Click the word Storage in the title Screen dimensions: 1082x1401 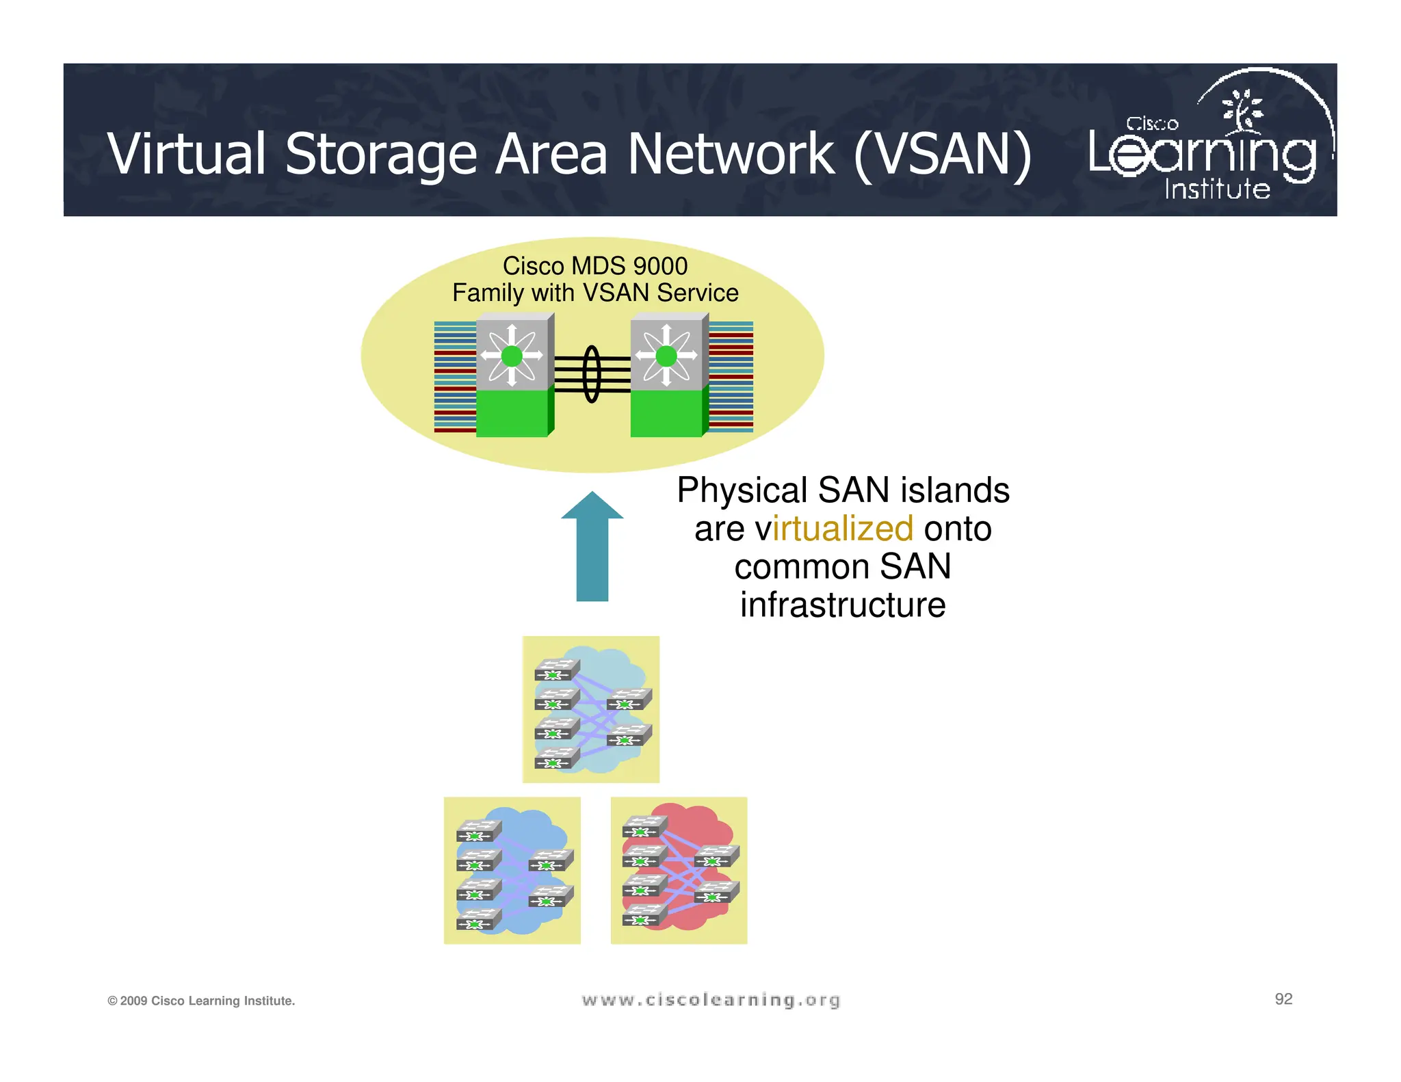(x=380, y=154)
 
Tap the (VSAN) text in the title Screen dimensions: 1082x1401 (x=943, y=154)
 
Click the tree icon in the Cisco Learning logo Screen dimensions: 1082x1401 (x=1244, y=109)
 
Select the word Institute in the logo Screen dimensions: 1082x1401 (x=1218, y=189)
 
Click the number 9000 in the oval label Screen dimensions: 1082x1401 (x=660, y=266)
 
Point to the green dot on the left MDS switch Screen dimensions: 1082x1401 (x=512, y=356)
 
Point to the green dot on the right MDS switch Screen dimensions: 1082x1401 (x=666, y=356)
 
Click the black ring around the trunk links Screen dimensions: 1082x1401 (x=592, y=374)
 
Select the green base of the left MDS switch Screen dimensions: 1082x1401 (x=512, y=413)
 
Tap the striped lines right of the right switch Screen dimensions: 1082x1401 (x=731, y=376)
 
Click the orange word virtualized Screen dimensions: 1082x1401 (x=843, y=529)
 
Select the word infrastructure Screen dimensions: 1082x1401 (x=843, y=605)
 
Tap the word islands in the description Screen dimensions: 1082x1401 (x=955, y=490)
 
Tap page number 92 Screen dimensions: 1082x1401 (x=1283, y=999)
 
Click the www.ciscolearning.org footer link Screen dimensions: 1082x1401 (x=711, y=1000)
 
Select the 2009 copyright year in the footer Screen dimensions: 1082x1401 (x=134, y=1001)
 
